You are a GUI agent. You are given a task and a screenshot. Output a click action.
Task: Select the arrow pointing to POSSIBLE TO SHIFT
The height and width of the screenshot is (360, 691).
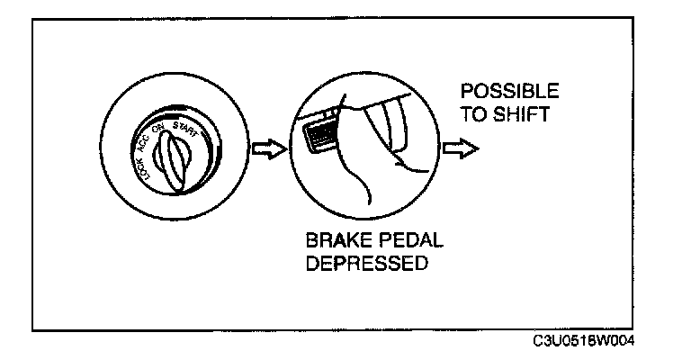click(x=462, y=149)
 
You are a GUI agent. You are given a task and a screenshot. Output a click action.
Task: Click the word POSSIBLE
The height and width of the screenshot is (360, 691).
click(x=508, y=93)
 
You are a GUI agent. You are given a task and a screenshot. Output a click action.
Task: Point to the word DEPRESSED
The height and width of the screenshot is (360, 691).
click(x=365, y=267)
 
